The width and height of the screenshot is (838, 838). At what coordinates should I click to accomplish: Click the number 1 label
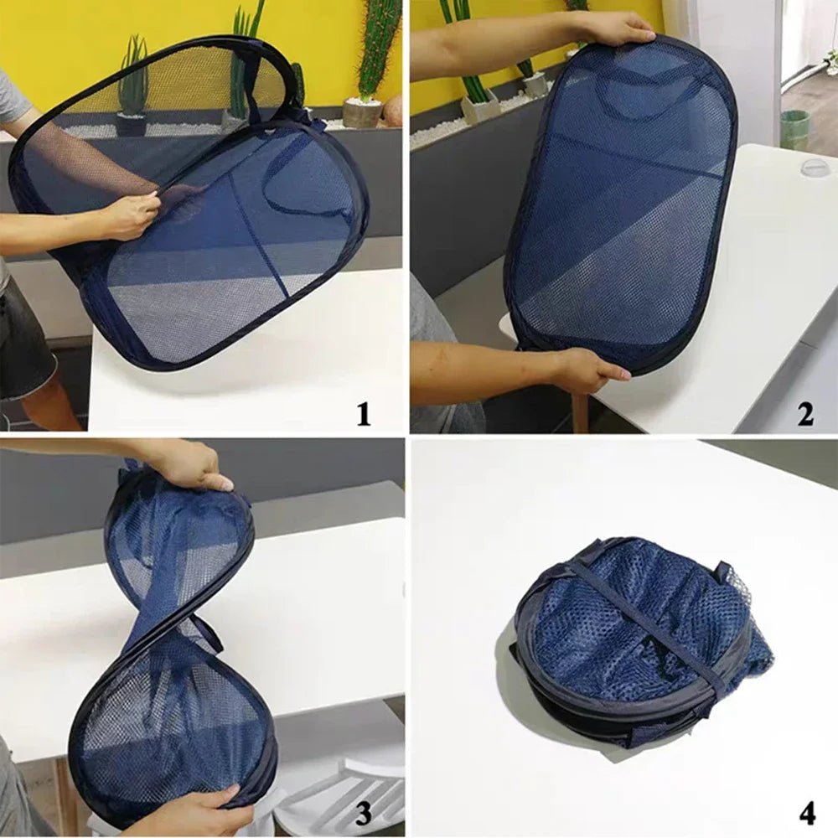[363, 414]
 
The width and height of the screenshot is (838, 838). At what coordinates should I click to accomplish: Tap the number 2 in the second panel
[804, 414]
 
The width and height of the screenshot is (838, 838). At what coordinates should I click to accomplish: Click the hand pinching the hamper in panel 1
[134, 215]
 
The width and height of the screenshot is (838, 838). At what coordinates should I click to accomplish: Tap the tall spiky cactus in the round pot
[377, 50]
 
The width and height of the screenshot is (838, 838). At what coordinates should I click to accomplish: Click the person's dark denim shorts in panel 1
[25, 344]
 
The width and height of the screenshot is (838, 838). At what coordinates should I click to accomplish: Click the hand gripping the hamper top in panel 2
[616, 29]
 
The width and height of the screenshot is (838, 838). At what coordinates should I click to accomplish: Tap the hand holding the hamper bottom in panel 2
[587, 369]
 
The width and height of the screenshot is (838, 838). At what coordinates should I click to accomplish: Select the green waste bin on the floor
[794, 130]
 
